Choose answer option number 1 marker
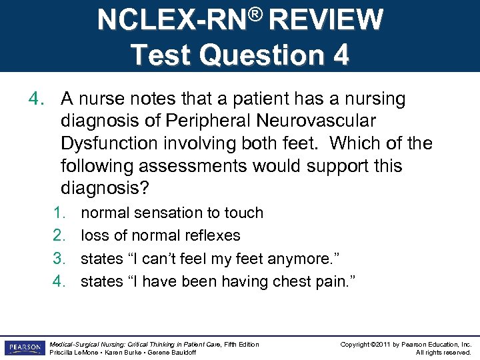(59, 213)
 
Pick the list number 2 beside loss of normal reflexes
(59, 235)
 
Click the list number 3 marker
(59, 259)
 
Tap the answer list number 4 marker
(59, 281)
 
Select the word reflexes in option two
(217, 235)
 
